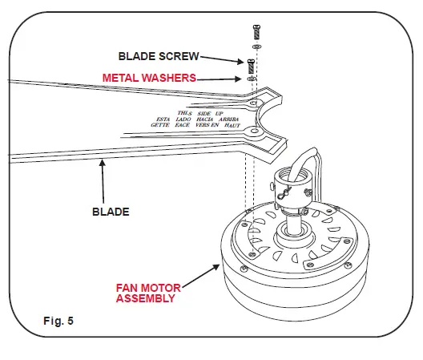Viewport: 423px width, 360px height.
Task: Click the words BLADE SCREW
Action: click(x=158, y=56)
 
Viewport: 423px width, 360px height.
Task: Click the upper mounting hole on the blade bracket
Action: click(x=253, y=104)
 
